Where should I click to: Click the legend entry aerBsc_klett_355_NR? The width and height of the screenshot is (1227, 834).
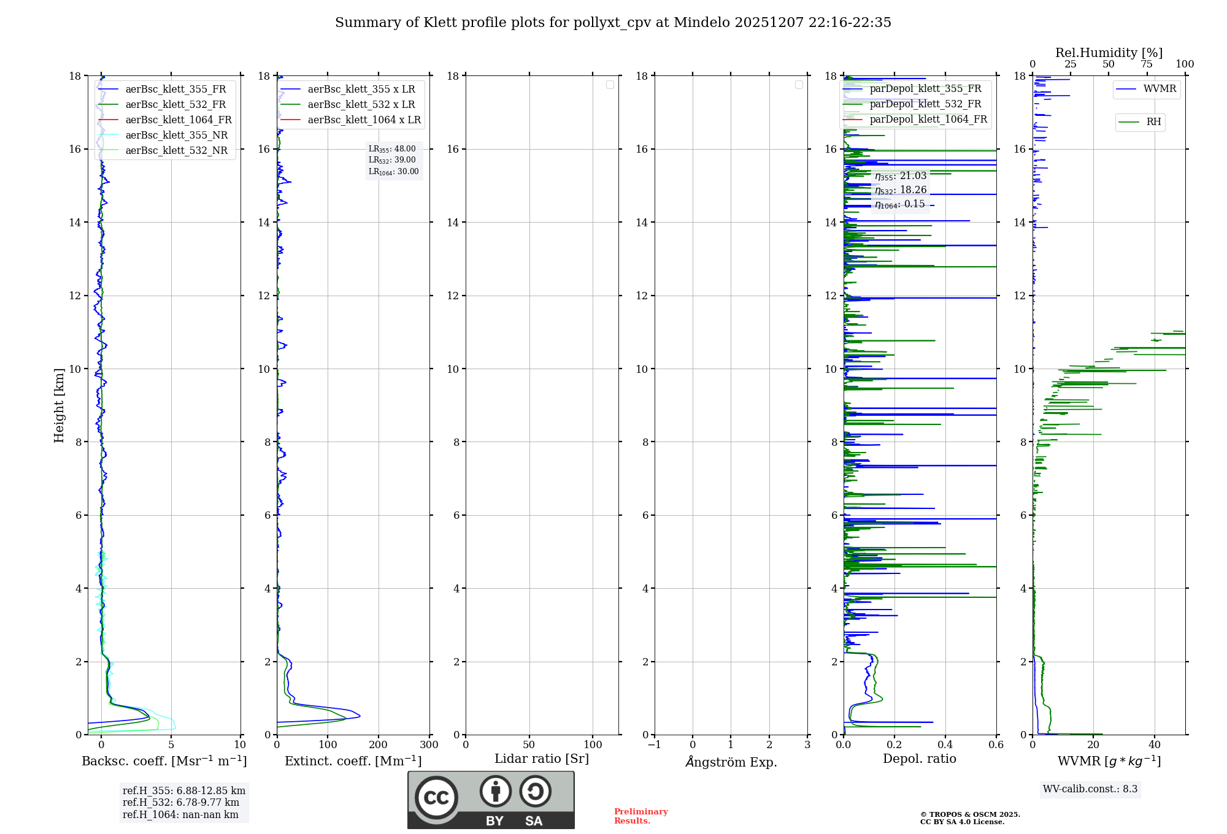pos(176,136)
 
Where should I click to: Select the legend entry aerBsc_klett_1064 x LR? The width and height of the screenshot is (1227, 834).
pos(364,120)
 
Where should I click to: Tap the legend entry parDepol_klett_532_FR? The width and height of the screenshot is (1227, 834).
pos(925,104)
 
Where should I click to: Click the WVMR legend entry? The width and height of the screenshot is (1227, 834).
pos(1160,89)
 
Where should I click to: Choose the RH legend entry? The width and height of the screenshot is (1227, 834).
pos(1153,122)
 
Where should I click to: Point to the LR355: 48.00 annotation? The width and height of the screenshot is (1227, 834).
pos(392,149)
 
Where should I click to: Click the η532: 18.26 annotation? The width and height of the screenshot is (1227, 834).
pos(901,190)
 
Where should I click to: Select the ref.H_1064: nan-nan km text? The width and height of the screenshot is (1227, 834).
pos(180,815)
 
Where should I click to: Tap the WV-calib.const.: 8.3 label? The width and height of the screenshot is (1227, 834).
pos(1090,789)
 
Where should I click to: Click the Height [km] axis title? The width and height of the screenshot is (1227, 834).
pos(59,405)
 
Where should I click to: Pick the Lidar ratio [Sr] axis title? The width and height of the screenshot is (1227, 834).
pos(542,759)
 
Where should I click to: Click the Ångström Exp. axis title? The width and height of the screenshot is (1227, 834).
pos(731,762)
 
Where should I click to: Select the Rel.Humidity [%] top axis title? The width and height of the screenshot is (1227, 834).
pos(1109,53)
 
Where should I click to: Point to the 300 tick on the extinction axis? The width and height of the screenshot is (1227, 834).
pos(429,745)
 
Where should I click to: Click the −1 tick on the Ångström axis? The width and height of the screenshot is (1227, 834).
pos(654,745)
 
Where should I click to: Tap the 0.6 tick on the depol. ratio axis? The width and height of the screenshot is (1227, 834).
pos(996,745)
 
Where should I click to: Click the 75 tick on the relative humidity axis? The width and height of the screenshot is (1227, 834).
pos(1146,64)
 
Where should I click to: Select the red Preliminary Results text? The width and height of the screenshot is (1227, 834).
pos(640,816)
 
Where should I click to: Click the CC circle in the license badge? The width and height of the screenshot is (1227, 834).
pos(436,798)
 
